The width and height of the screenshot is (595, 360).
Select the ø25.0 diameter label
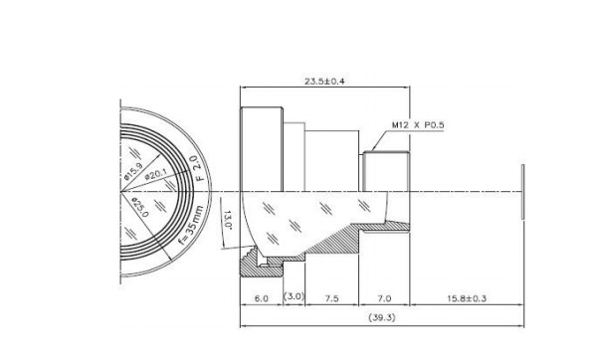pyautogui.click(x=139, y=207)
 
